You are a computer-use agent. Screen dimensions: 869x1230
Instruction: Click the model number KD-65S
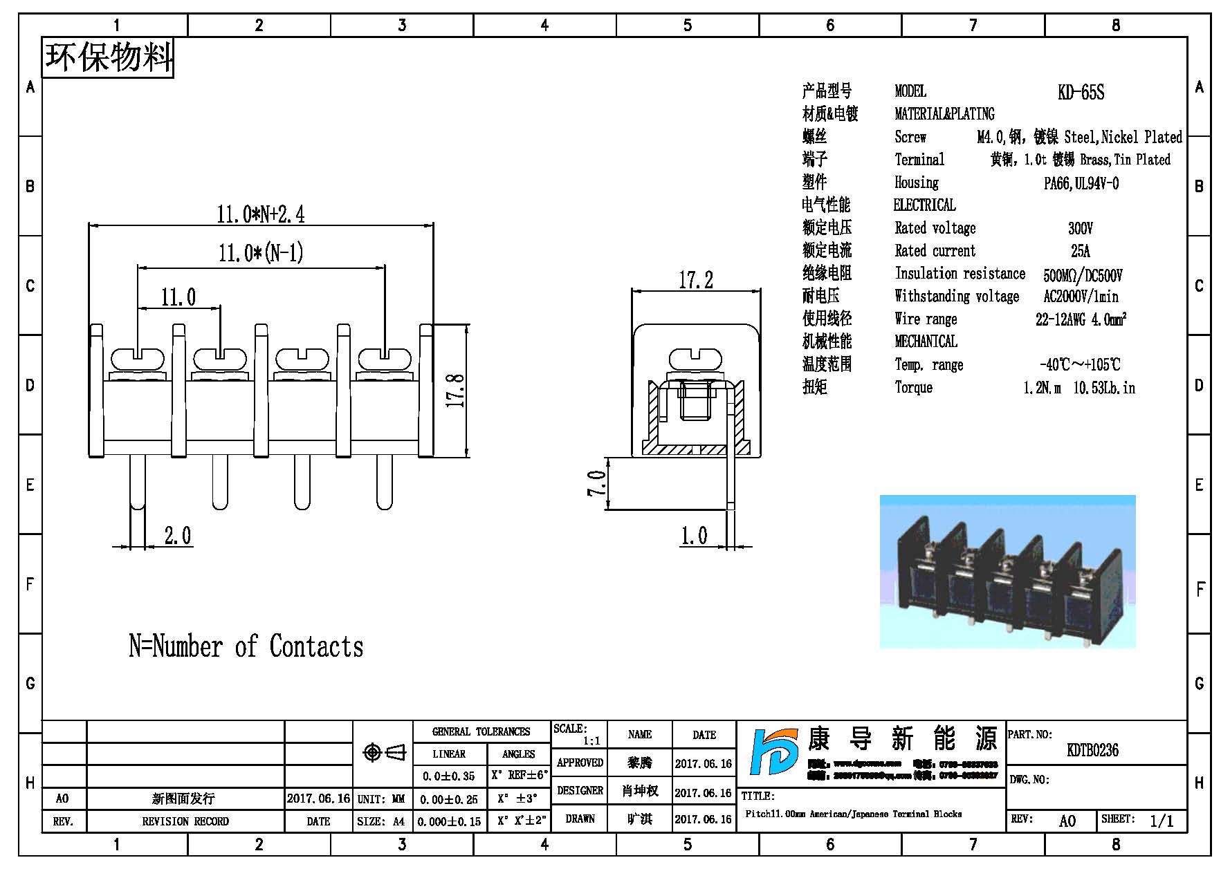[1081, 92]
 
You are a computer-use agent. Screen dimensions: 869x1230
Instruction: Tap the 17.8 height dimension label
[456, 391]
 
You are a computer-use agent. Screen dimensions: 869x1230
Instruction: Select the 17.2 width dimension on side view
[695, 280]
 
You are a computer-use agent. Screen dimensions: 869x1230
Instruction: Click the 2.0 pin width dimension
[177, 536]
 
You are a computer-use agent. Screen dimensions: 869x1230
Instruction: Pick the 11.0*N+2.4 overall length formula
[260, 214]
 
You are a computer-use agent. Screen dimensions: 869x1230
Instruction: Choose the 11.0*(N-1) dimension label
[261, 253]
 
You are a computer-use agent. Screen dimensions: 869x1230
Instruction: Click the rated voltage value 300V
[1080, 228]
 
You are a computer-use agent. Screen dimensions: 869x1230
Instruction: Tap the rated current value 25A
[1080, 251]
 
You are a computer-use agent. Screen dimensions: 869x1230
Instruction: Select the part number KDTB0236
[1092, 750]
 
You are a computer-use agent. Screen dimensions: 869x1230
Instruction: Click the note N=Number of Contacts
[246, 646]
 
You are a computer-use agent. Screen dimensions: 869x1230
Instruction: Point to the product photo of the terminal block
[1007, 572]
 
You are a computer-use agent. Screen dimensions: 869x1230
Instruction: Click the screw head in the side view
[695, 359]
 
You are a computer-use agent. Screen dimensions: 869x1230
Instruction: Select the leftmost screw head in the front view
[138, 359]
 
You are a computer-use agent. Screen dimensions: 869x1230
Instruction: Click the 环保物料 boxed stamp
[109, 57]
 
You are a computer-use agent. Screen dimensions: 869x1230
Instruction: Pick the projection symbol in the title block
[385, 752]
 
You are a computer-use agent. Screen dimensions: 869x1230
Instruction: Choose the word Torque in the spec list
[913, 387]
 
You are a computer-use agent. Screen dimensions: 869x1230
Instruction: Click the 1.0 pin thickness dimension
[694, 536]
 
